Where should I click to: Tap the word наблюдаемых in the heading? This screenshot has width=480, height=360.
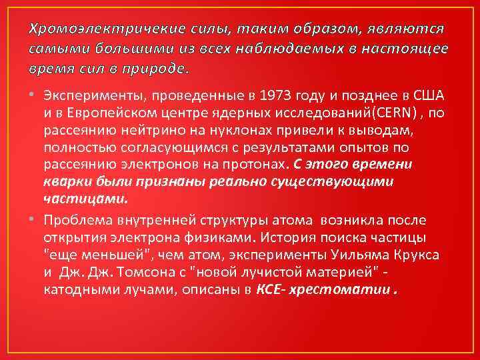[317, 49]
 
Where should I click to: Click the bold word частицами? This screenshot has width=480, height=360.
[85, 198]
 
